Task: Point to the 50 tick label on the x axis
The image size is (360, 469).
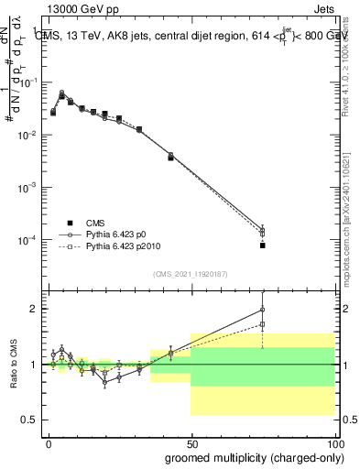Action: tap(191, 443)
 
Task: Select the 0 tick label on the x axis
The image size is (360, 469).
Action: tap(49, 443)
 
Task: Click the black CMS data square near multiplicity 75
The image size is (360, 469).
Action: tap(262, 245)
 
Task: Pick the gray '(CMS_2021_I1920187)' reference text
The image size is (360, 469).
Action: tap(190, 274)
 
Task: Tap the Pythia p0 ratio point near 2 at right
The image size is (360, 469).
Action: tap(262, 310)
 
